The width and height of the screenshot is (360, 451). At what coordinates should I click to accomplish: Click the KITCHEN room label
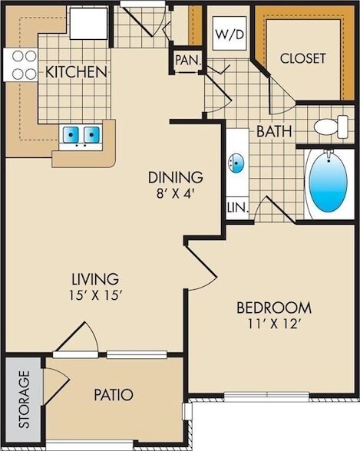[x=76, y=72]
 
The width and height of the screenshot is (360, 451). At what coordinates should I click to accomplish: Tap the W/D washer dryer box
[x=227, y=35]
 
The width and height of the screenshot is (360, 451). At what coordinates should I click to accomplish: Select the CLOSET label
[x=302, y=58]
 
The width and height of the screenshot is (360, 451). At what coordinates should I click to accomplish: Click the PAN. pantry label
[x=186, y=60]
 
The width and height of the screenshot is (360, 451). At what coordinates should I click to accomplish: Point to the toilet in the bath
[x=333, y=127]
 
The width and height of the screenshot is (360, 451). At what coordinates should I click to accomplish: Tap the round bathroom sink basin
[x=237, y=163]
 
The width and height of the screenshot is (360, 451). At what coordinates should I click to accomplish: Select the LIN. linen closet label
[x=235, y=207]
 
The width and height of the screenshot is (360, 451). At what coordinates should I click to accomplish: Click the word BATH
[x=274, y=131]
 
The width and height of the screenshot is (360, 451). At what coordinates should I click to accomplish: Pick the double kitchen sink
[x=81, y=136]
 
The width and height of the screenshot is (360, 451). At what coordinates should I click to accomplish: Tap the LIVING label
[x=91, y=278]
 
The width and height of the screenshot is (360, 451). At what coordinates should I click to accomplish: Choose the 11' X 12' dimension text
[x=269, y=324]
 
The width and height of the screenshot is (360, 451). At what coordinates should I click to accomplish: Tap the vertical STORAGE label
[x=24, y=399]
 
